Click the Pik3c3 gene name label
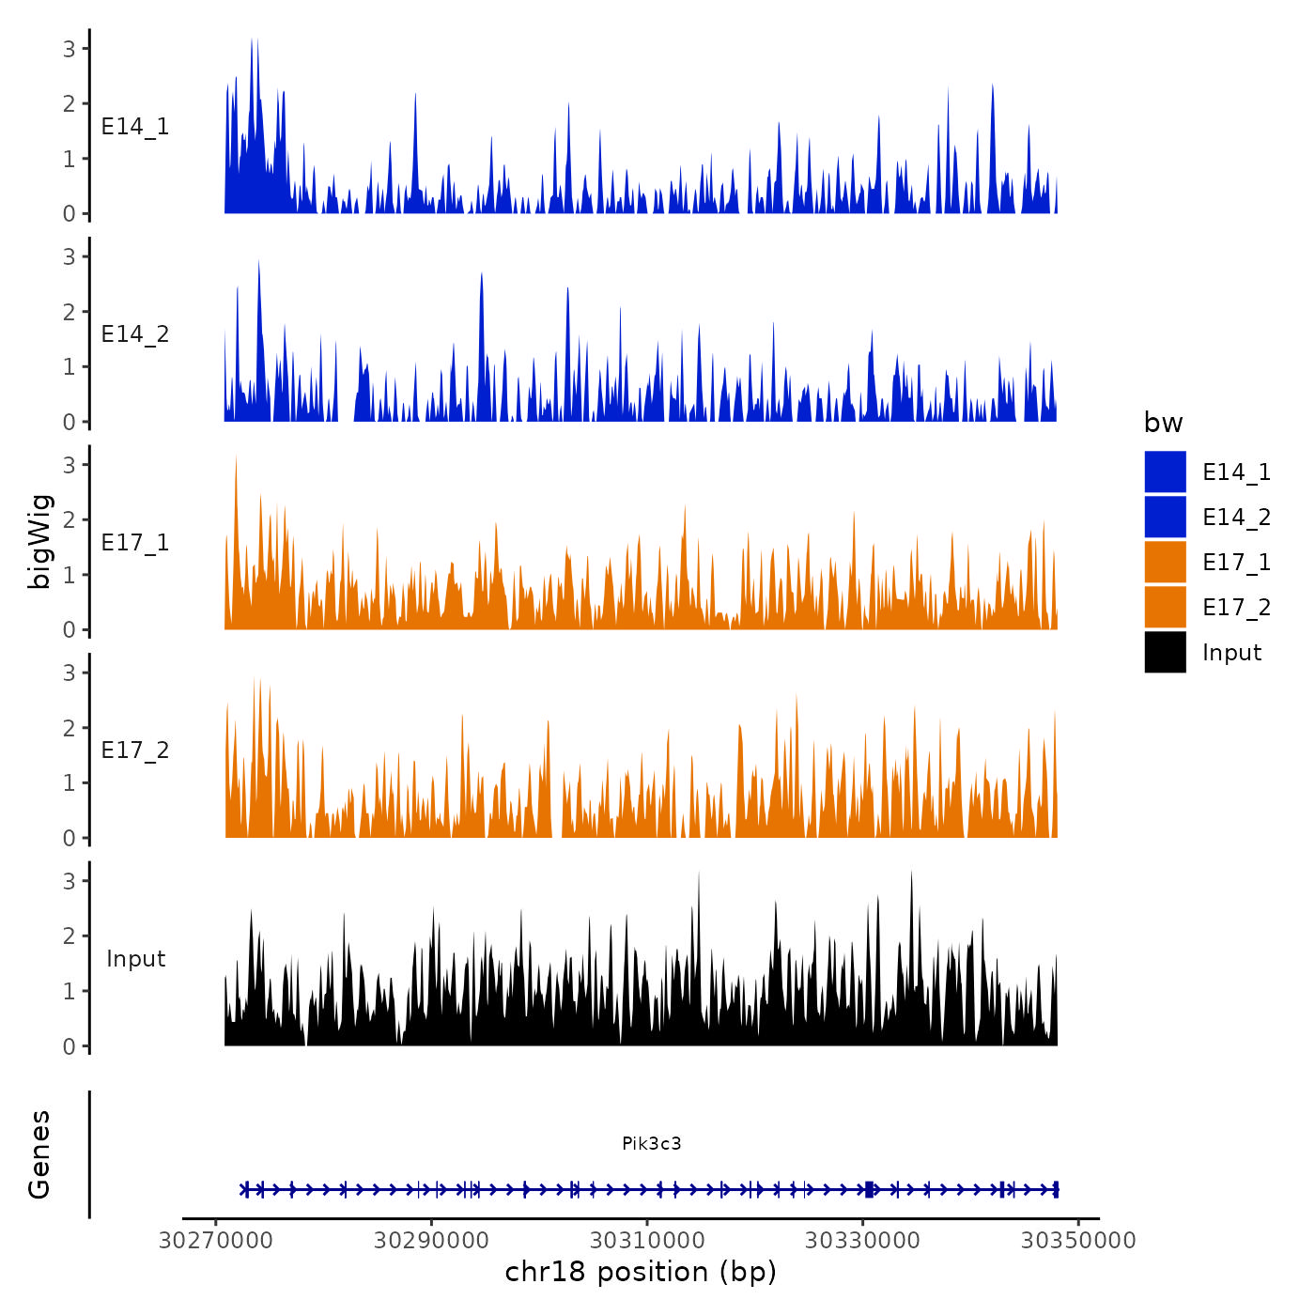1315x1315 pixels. click(651, 1143)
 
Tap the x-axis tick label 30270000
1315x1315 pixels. click(216, 1240)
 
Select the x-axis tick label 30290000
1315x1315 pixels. click(431, 1240)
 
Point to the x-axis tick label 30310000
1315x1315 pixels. click(647, 1240)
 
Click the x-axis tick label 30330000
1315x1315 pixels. click(862, 1240)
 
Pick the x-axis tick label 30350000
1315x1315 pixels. click(1078, 1240)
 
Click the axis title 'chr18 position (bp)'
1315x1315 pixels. click(641, 1272)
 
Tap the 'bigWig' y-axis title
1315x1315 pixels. click(39, 542)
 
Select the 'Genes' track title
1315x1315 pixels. click(39, 1154)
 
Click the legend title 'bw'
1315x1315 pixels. click(1163, 423)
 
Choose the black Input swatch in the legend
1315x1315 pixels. click(1165, 652)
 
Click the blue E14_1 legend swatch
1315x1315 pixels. click(1165, 472)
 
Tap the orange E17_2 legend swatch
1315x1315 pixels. click(1165, 607)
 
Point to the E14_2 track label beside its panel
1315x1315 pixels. click(135, 334)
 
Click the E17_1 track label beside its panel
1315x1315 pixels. click(135, 542)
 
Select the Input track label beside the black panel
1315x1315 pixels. click(135, 958)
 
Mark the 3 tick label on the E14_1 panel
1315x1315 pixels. click(70, 48)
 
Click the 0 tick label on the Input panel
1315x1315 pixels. click(70, 1046)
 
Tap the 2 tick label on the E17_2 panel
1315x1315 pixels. click(70, 728)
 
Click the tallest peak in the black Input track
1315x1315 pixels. click(911, 874)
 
